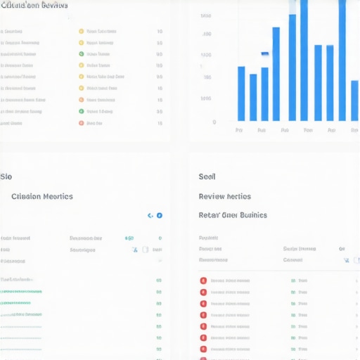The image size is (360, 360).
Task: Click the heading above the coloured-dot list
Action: point(34,5)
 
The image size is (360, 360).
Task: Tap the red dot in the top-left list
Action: point(81,123)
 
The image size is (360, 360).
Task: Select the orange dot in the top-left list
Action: point(81,100)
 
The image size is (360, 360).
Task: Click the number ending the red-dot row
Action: point(160,123)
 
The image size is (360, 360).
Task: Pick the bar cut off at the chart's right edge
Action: point(354,101)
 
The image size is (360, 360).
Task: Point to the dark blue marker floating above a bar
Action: point(264,53)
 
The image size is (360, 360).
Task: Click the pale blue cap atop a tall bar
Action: point(292,9)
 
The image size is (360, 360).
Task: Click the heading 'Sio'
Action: point(6,176)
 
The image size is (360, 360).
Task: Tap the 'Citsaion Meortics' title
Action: point(42,197)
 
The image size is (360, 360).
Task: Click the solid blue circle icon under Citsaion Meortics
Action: point(159,216)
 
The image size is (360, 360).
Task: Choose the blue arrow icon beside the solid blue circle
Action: point(150,216)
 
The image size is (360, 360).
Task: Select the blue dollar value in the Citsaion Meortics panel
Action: point(129,238)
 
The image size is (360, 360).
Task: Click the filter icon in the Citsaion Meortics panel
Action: point(133,250)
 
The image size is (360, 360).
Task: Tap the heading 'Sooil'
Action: point(207,176)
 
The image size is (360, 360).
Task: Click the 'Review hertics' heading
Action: point(224,197)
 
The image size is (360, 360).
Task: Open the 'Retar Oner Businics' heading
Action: point(233,215)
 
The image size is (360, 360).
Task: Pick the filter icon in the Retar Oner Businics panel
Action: point(345,260)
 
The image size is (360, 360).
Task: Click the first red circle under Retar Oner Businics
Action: point(203,281)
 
